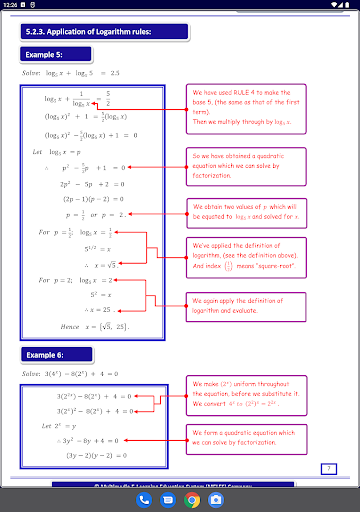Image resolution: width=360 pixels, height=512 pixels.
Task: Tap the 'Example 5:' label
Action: coord(48,56)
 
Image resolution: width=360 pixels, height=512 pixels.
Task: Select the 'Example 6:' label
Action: coord(48,356)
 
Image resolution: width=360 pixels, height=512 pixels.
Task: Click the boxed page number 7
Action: coord(329,468)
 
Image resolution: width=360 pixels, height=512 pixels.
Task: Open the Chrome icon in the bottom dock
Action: coord(193,499)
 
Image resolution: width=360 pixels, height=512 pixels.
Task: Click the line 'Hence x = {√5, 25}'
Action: coord(95,326)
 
